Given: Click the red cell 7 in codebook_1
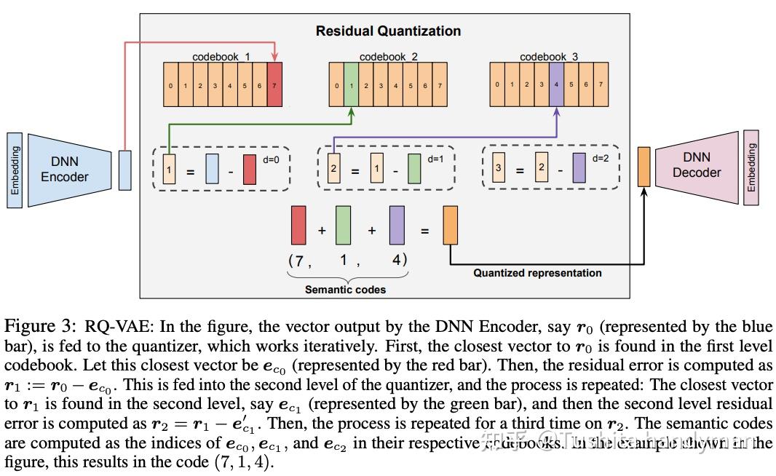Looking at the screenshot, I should pos(274,85).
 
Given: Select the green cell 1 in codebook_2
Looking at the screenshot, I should pos(351,85).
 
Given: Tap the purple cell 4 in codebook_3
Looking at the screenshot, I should pos(556,84).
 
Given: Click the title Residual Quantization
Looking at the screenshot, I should pos(388,31).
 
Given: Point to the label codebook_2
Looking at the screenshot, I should pos(388,57).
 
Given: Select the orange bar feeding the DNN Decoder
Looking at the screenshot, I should pos(644,167).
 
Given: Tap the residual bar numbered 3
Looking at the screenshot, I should pos(499,167).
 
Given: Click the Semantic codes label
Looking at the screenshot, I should pos(345,289).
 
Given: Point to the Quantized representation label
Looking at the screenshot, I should pos(537,273).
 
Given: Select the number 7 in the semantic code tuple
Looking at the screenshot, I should pos(296,259).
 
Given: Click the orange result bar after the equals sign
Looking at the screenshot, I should pos(450,224).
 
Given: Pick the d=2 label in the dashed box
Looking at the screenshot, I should pos(601,157).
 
